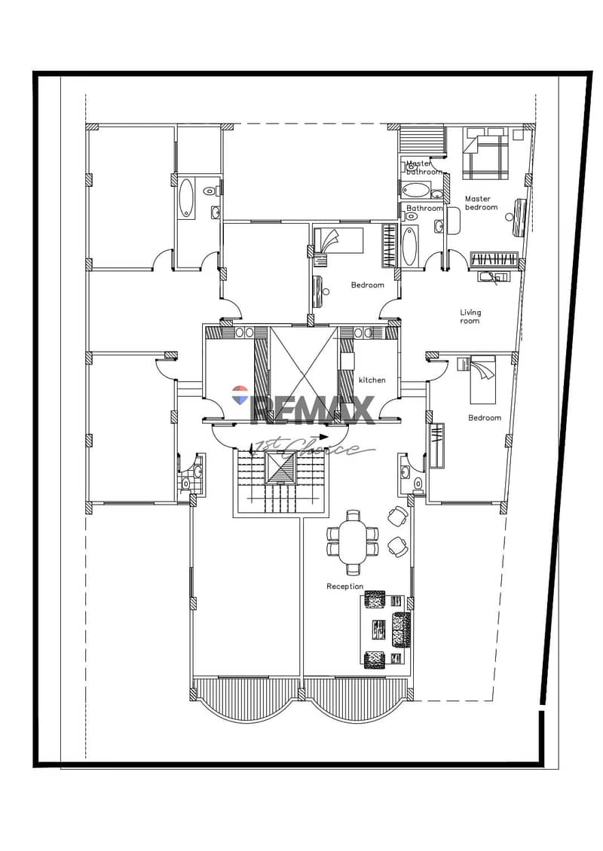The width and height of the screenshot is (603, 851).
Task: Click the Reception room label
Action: (x=344, y=586)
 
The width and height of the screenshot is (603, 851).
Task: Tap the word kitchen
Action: (x=372, y=380)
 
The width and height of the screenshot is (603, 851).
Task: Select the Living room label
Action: (x=470, y=316)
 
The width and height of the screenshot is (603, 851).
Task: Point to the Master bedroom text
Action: (x=481, y=203)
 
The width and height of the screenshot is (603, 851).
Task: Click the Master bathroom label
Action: (x=424, y=167)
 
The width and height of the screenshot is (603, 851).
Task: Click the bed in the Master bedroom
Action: (x=485, y=154)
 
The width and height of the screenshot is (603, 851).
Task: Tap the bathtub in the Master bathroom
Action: (x=415, y=191)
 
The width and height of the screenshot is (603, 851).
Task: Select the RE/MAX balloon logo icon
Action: (x=240, y=395)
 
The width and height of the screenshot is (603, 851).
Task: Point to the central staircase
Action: (x=281, y=481)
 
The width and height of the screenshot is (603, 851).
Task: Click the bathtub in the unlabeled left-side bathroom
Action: (x=186, y=198)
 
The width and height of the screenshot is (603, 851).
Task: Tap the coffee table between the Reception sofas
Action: (x=379, y=629)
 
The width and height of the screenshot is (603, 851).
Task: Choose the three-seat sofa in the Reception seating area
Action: (x=401, y=630)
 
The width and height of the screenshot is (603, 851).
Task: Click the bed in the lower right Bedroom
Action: (x=482, y=380)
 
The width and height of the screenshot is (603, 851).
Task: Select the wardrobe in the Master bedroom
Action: (x=494, y=259)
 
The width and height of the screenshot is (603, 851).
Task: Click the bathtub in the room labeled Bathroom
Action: (x=409, y=246)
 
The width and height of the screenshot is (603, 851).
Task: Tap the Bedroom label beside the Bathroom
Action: (x=367, y=285)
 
